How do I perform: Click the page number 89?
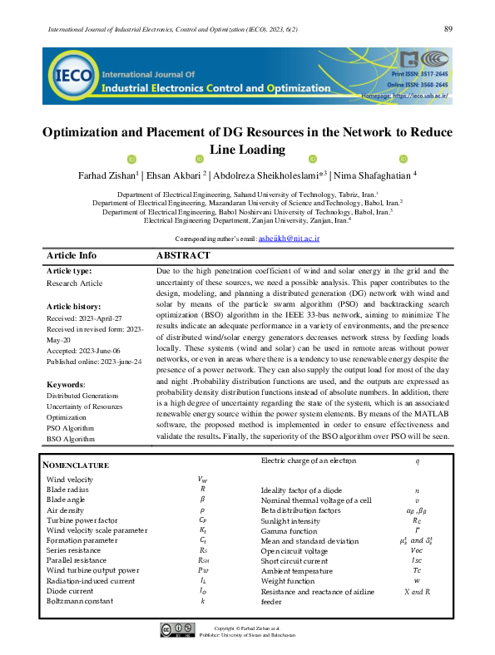(448, 29)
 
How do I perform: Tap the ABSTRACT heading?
(183, 255)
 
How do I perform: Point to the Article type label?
(70, 270)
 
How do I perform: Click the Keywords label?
(66, 385)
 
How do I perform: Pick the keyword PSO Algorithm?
(71, 427)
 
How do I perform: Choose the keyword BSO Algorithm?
(71, 438)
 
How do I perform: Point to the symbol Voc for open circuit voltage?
(417, 550)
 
